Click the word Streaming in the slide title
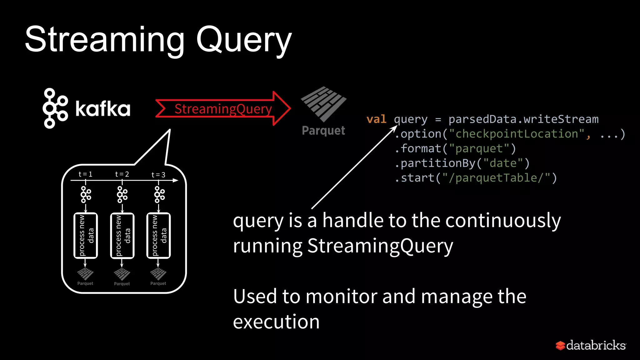tap(105, 40)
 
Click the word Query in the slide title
tap(244, 40)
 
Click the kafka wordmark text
tap(103, 109)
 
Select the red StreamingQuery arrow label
tap(223, 109)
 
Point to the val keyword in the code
tap(376, 119)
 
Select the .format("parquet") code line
tap(455, 148)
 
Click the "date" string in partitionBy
tap(503, 163)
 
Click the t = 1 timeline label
tap(85, 174)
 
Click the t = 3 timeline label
tap(158, 175)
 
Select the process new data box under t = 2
tap(122, 236)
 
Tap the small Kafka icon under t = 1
tap(86, 194)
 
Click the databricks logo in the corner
tap(591, 345)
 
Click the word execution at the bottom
tap(276, 322)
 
